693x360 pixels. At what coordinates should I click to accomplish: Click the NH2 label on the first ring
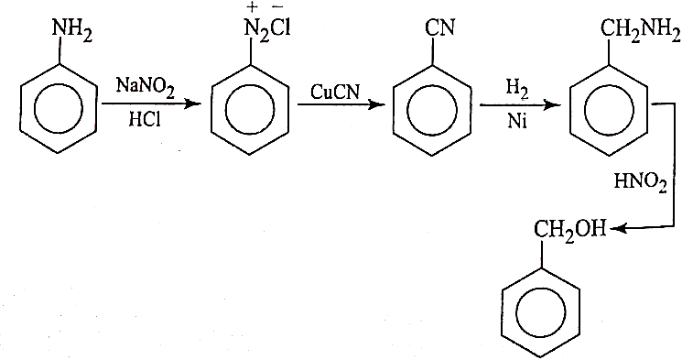[72, 31]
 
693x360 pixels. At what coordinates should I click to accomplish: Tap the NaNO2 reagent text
[146, 87]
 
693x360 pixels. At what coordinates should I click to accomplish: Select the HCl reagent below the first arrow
[145, 118]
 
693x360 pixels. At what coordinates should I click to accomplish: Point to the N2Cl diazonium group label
[267, 31]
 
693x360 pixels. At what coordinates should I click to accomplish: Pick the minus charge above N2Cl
[277, 8]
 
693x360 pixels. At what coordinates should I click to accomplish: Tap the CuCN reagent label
[335, 92]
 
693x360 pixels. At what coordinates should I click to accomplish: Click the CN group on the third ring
[439, 27]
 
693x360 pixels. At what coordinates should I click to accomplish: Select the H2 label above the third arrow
[517, 89]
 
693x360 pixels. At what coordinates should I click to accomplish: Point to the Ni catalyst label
[517, 120]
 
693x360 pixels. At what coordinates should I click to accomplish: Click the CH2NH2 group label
[640, 31]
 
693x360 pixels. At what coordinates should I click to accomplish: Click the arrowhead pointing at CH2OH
[616, 228]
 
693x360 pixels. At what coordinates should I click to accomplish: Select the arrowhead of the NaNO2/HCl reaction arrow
[192, 104]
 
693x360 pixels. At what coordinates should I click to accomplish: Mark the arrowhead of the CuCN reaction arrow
[376, 104]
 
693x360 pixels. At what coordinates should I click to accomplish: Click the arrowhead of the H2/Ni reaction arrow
[552, 105]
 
